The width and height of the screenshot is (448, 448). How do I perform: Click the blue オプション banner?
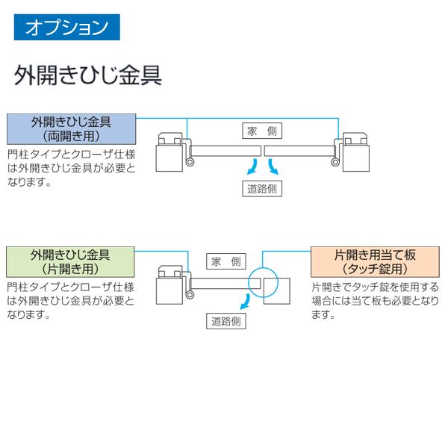66,28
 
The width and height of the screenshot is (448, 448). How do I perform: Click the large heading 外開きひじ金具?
87,76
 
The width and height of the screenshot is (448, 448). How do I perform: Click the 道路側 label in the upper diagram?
262,188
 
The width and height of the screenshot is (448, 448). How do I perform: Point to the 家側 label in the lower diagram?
225,261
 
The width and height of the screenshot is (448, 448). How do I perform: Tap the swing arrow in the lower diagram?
243,300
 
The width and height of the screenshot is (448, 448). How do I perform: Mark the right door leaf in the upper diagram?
299,151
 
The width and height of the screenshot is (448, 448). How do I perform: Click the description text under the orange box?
375,300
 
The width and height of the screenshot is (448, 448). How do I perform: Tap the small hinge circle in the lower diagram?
190,295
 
